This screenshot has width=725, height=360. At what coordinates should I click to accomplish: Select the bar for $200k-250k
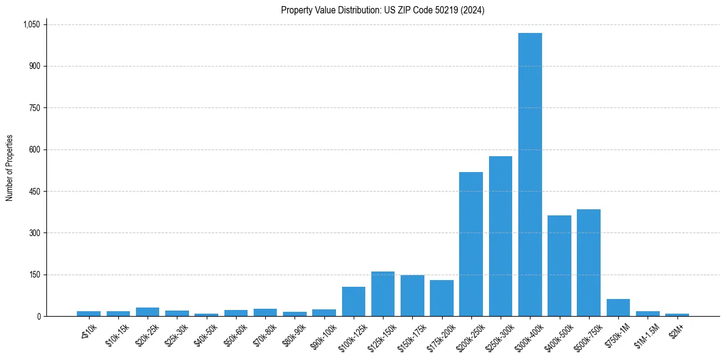[x=471, y=244]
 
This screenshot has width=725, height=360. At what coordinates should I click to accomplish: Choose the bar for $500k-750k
[x=588, y=263]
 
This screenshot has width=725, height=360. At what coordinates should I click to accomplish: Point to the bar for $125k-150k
[x=383, y=294]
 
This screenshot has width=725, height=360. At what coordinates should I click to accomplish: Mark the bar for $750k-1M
[x=618, y=308]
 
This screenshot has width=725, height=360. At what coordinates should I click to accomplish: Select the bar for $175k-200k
[x=441, y=298]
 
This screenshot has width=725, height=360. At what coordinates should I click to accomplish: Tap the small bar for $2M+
[x=677, y=315]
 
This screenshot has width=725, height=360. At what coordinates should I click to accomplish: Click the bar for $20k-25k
[x=148, y=312]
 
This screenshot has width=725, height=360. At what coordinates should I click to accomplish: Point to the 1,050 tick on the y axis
[x=31, y=24]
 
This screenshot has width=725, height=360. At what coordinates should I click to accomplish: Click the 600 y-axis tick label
[x=35, y=149]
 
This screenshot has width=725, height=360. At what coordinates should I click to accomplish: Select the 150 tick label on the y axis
[x=35, y=275]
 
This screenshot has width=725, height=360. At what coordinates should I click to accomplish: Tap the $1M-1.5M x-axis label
[x=646, y=335]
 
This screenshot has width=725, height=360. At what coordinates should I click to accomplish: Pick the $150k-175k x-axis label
[x=411, y=336]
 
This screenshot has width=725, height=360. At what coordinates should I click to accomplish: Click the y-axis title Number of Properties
[x=10, y=168]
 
